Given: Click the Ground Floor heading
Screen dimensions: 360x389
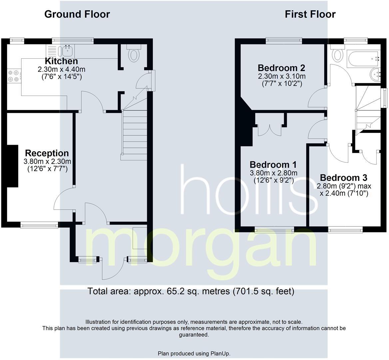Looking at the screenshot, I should point(77,14).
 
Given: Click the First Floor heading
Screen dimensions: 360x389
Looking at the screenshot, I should point(310,14).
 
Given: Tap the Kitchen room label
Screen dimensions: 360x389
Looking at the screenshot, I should point(61,61).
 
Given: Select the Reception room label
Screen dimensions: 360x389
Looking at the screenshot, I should point(47,153).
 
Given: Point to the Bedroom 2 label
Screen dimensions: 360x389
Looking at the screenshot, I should point(281,68).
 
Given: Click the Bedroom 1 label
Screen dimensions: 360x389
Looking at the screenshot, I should point(273,165).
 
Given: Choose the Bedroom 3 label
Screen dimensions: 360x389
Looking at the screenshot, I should point(343,177).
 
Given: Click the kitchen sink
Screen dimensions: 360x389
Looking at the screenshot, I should point(67,51).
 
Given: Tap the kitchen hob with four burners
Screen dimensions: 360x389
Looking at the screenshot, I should point(13,76).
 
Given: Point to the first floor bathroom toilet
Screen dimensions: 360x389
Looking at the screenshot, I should point(337,54).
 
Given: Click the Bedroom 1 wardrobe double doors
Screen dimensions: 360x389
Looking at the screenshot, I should point(269,130).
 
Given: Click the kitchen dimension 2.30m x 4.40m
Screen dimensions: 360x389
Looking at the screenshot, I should point(61,70).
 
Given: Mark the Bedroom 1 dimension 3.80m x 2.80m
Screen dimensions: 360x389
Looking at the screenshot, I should point(273,173).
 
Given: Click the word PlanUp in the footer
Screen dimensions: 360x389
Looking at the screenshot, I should point(220,353).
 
